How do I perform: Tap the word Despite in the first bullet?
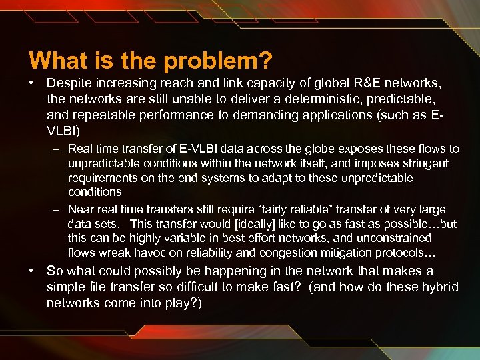click(x=69, y=85)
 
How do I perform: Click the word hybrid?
click(x=440, y=287)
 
